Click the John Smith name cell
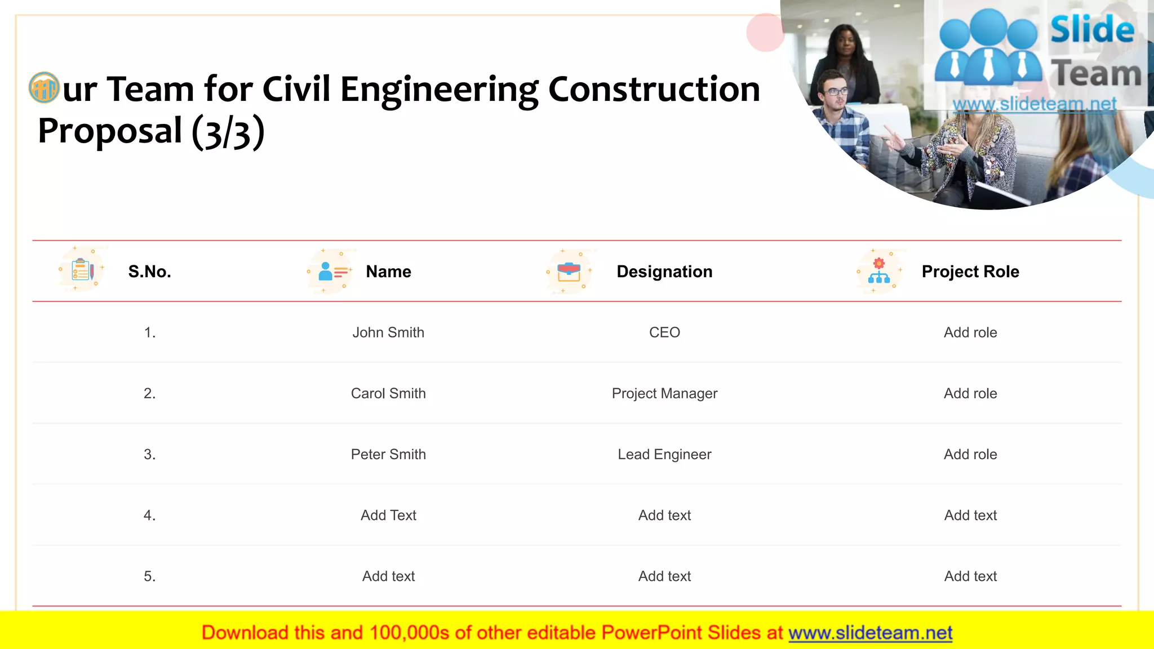pos(388,332)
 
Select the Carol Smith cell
pos(388,393)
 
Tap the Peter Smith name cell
pos(388,454)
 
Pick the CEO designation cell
pos(664,332)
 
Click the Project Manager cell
pos(664,393)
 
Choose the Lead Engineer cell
pos(664,454)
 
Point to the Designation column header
pos(664,272)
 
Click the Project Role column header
pos(970,272)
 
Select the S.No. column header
pos(149,272)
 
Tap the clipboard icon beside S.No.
pos(82,270)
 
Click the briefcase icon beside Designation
pos(569,272)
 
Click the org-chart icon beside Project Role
pos(879,272)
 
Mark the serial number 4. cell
pos(149,515)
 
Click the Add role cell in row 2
pos(970,393)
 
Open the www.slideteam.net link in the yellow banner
pos(870,633)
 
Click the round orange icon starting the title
pos(44,88)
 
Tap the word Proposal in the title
pos(110,131)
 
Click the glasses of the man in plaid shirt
pos(836,91)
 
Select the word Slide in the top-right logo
pos(1092,29)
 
